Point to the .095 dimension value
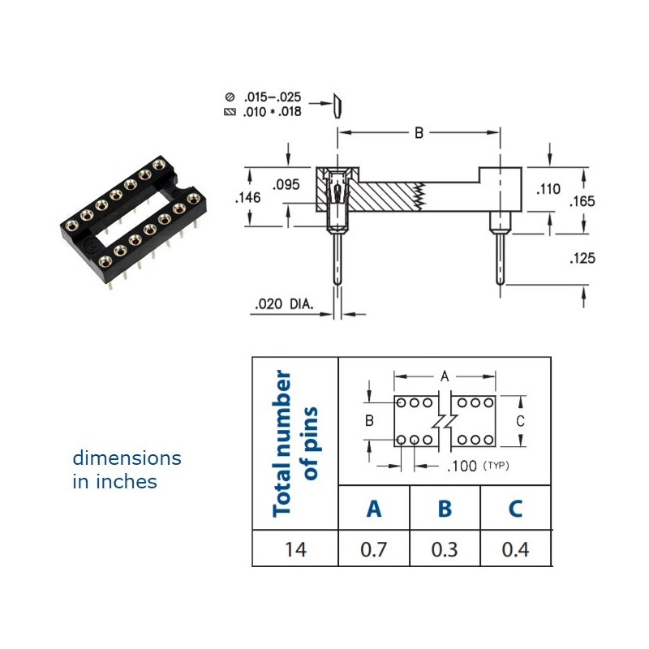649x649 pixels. [286, 185]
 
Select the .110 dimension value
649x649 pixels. [548, 189]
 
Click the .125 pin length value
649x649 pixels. [582, 258]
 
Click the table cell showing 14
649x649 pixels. [295, 549]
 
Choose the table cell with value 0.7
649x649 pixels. [374, 549]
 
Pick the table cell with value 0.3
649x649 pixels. [445, 549]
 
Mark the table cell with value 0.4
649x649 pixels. [515, 549]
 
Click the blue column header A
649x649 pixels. [374, 509]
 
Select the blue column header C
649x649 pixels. [515, 509]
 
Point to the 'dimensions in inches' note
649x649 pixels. [127, 470]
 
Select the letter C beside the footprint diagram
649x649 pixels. [520, 421]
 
